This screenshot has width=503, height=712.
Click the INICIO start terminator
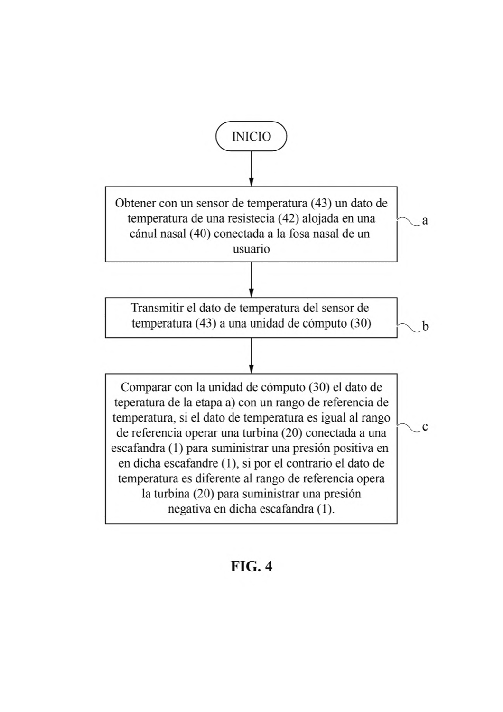click(251, 136)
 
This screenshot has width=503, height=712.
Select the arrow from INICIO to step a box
click(251, 169)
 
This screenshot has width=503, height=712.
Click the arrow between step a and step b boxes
click(251, 280)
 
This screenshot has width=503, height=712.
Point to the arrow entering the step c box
click(251, 356)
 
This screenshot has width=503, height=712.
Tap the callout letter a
click(425, 220)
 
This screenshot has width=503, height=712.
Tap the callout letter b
click(426, 327)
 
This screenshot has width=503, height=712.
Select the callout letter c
click(425, 427)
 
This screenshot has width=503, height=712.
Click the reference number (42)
click(289, 218)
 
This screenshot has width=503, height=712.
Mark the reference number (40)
click(200, 234)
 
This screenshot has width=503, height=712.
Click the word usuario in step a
click(251, 249)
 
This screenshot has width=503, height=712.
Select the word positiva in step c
click(352, 448)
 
